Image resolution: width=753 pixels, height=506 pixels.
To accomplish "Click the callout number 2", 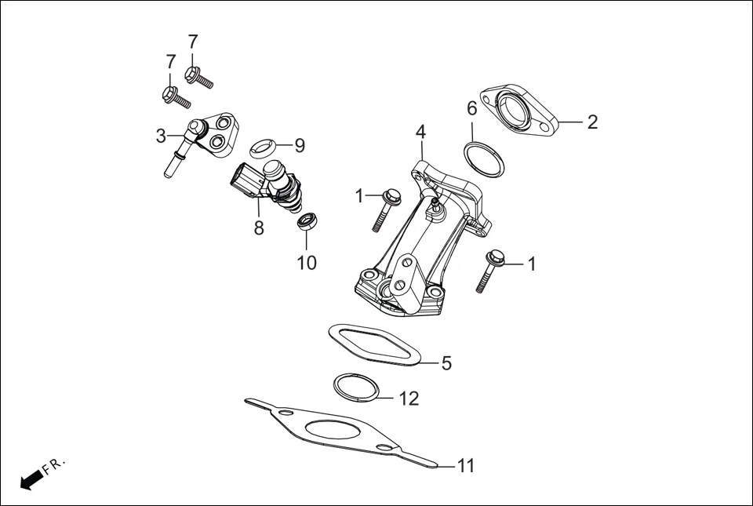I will pyautogui.click(x=592, y=122).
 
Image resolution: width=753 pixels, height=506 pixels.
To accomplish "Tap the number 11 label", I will pyautogui.click(x=466, y=466).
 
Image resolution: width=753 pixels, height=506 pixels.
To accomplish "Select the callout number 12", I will pyautogui.click(x=409, y=399).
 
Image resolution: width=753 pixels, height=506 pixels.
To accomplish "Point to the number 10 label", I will pyautogui.click(x=307, y=263).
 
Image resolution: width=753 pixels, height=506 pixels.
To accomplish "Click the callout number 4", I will pyautogui.click(x=420, y=130).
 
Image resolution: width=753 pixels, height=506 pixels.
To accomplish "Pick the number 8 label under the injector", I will pyautogui.click(x=258, y=228).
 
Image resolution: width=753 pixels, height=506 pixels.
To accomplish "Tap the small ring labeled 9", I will pyautogui.click(x=265, y=145).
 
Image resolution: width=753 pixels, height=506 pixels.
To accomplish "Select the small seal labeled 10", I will pyautogui.click(x=306, y=220).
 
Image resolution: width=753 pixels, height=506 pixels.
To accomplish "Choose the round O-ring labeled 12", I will pyautogui.click(x=357, y=387).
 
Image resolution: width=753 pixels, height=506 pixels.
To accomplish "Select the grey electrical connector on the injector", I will pyautogui.click(x=246, y=180).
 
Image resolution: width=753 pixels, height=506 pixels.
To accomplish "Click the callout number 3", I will pyautogui.click(x=161, y=137).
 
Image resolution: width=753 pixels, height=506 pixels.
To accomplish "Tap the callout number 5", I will pyautogui.click(x=446, y=363).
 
